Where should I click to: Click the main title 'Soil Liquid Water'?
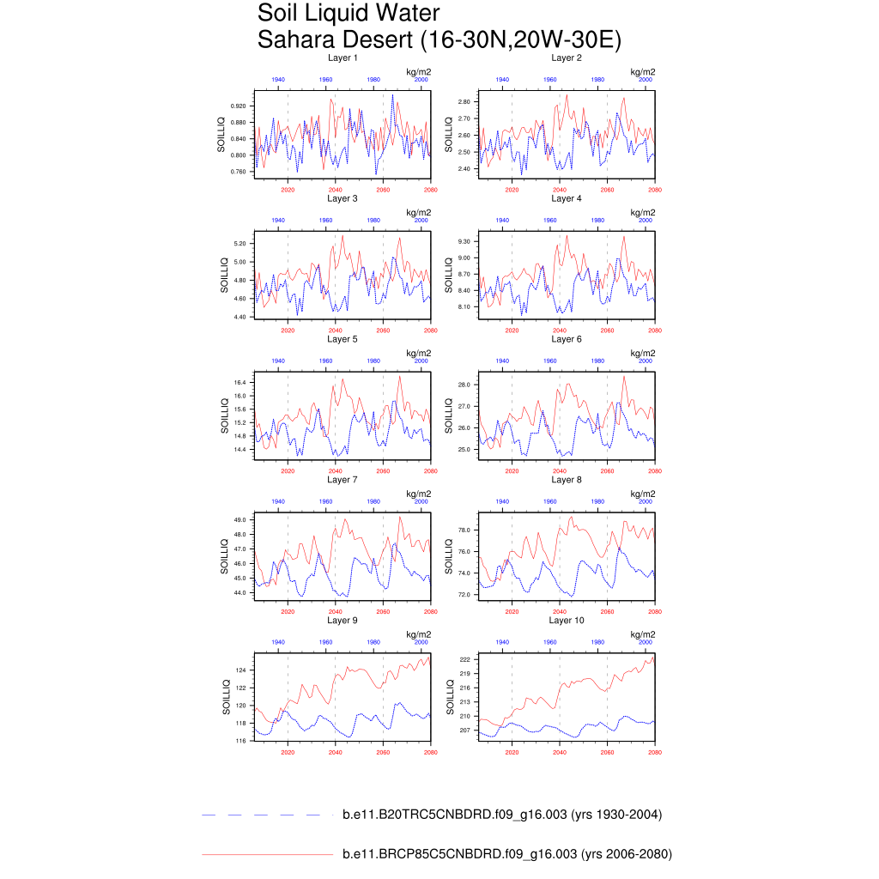(x=349, y=15)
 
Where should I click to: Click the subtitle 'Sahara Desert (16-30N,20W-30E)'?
(x=439, y=40)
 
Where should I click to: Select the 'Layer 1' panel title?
(x=343, y=58)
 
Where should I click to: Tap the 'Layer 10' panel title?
(x=567, y=620)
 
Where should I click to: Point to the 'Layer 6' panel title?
(x=567, y=339)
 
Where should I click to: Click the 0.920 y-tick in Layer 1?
(x=235, y=106)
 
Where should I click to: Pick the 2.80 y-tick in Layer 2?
(x=464, y=102)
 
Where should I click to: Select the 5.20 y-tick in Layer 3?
(x=239, y=244)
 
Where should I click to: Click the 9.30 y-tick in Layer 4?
(x=464, y=242)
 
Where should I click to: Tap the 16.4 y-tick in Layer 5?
(x=239, y=383)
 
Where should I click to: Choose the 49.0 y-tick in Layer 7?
(x=239, y=520)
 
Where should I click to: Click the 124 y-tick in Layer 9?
(x=241, y=670)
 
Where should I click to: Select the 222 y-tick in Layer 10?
(x=464, y=659)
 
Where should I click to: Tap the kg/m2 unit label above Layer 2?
(x=643, y=71)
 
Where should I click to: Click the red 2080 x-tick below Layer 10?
(x=655, y=753)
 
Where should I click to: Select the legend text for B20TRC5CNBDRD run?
(x=501, y=815)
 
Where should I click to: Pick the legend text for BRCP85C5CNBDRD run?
(x=506, y=854)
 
